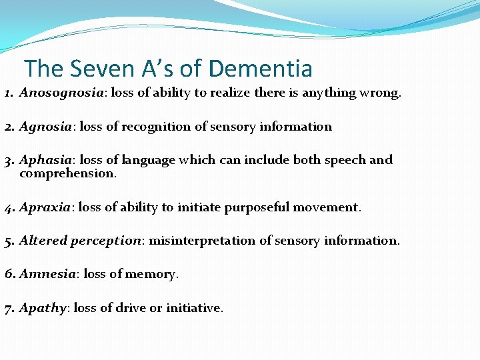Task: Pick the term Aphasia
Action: click(x=45, y=160)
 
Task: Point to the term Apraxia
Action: click(x=45, y=207)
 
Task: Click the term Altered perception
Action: click(x=81, y=241)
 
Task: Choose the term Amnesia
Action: click(x=47, y=274)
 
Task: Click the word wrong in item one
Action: click(x=380, y=93)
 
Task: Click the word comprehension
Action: click(x=68, y=173)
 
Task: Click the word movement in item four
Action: click(x=327, y=207)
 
